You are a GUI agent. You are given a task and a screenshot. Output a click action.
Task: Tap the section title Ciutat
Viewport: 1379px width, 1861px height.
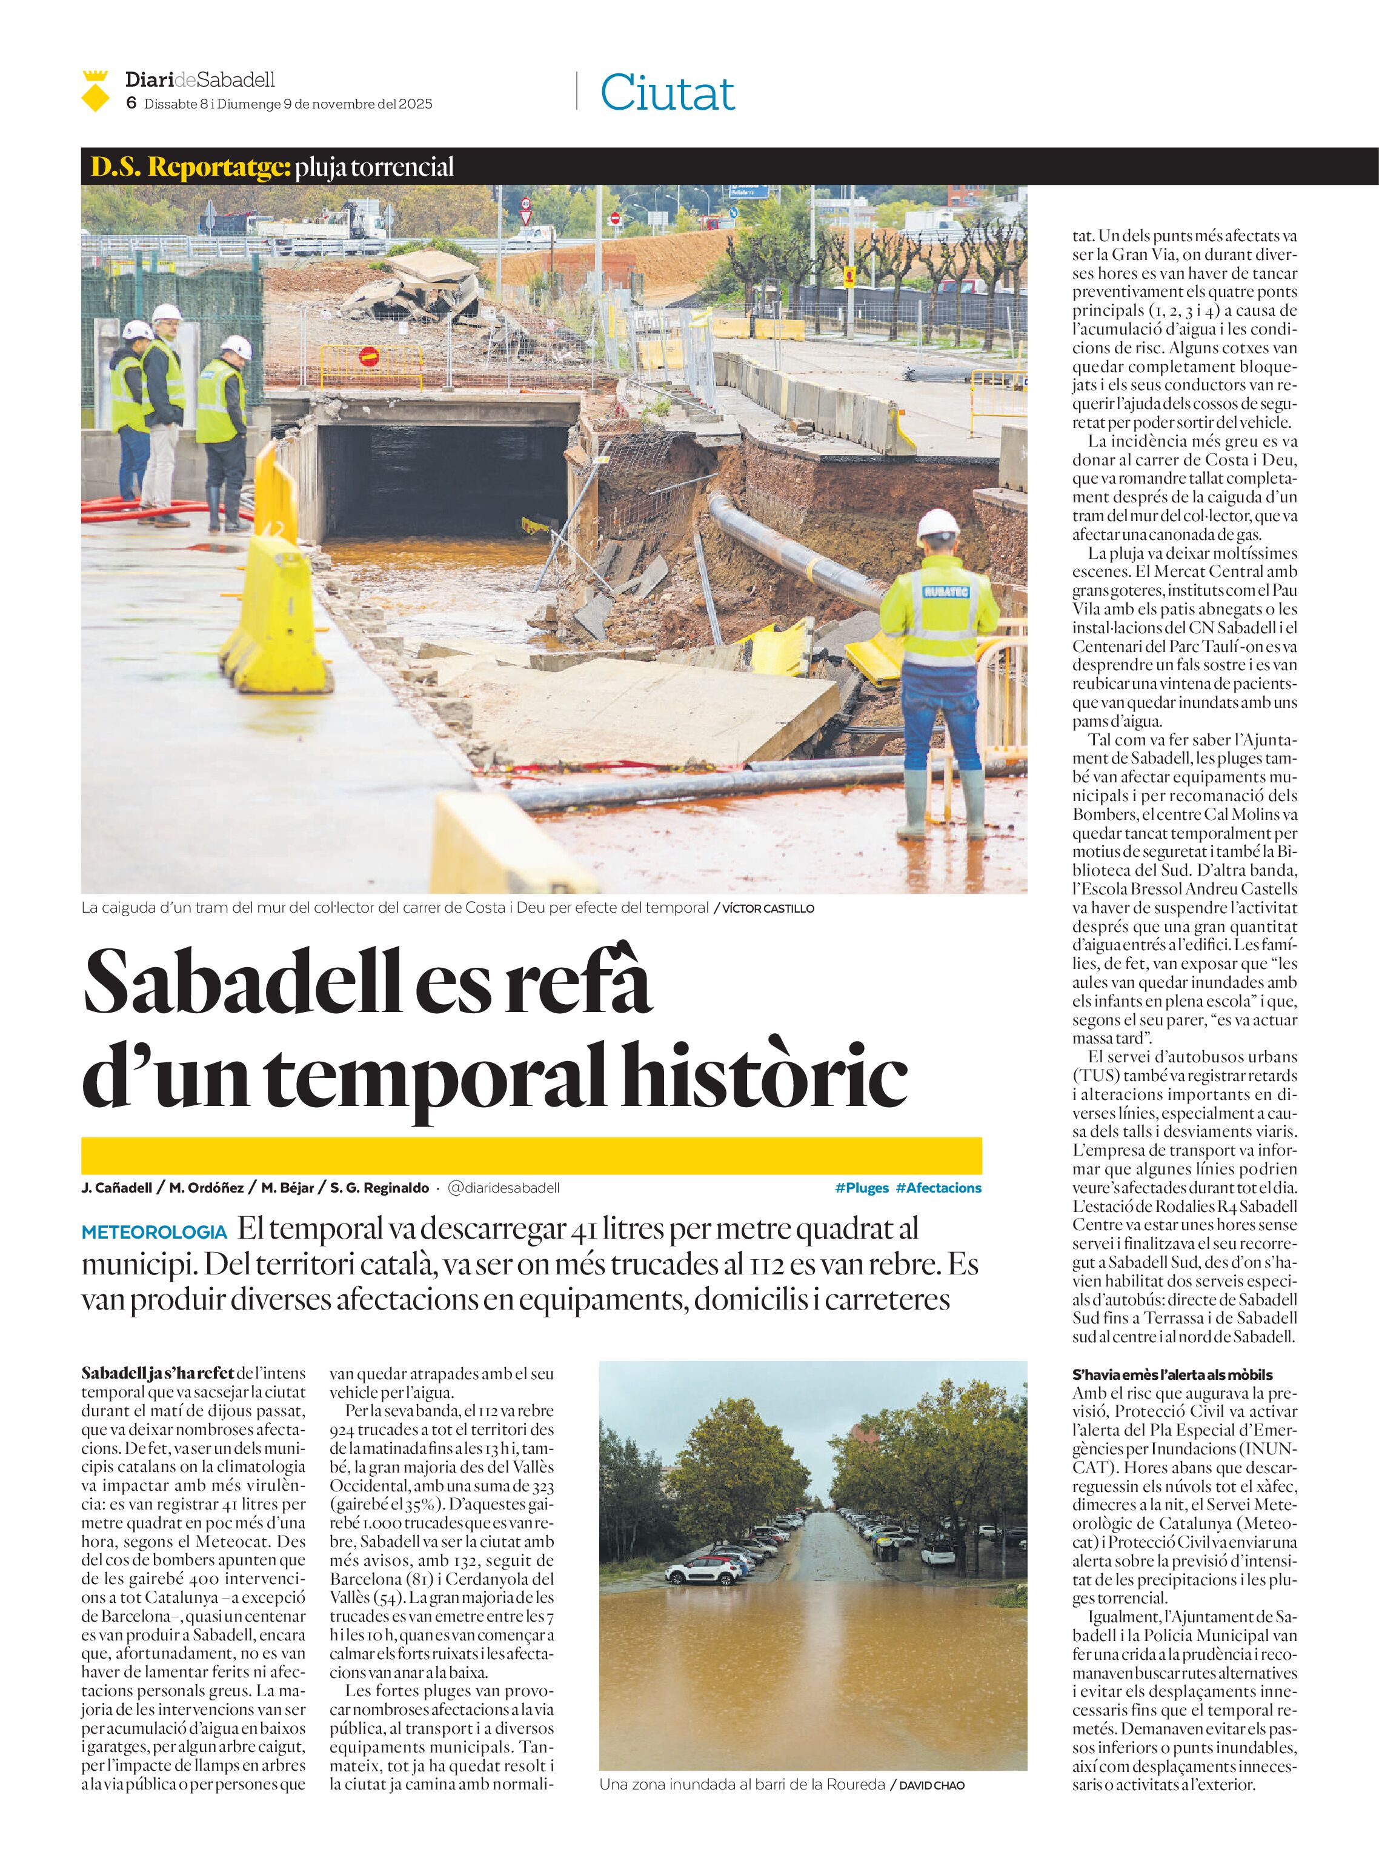[667, 93]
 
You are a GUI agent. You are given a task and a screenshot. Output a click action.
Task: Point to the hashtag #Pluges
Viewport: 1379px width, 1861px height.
[862, 1187]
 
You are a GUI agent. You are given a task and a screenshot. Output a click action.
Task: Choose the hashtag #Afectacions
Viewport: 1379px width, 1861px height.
[939, 1187]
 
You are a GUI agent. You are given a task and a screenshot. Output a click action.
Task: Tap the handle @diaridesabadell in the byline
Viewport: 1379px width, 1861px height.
[503, 1187]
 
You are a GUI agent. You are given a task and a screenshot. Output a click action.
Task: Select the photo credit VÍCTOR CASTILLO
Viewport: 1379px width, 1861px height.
[768, 908]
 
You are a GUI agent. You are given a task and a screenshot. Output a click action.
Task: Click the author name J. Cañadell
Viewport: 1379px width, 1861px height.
[117, 1187]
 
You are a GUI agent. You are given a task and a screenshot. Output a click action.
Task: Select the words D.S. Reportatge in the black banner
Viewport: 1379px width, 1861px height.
[190, 167]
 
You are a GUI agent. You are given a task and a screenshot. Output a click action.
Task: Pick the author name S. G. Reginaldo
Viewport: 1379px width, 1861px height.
[380, 1187]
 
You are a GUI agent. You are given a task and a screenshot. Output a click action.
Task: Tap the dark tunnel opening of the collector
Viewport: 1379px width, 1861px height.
[442, 476]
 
